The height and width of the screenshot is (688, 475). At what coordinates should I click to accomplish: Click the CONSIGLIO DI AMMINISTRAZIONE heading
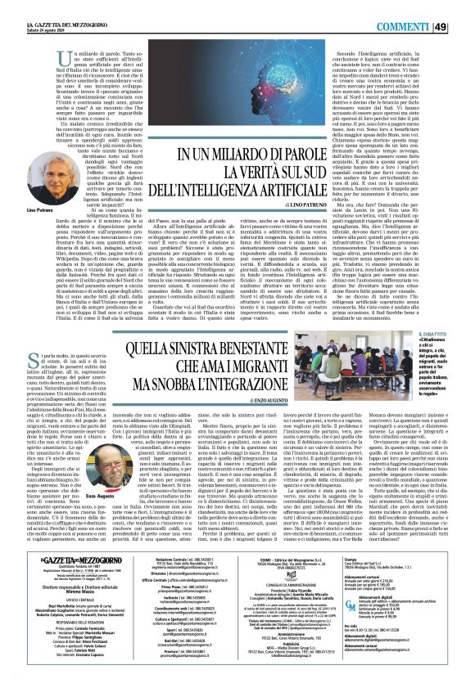coord(286,582)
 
